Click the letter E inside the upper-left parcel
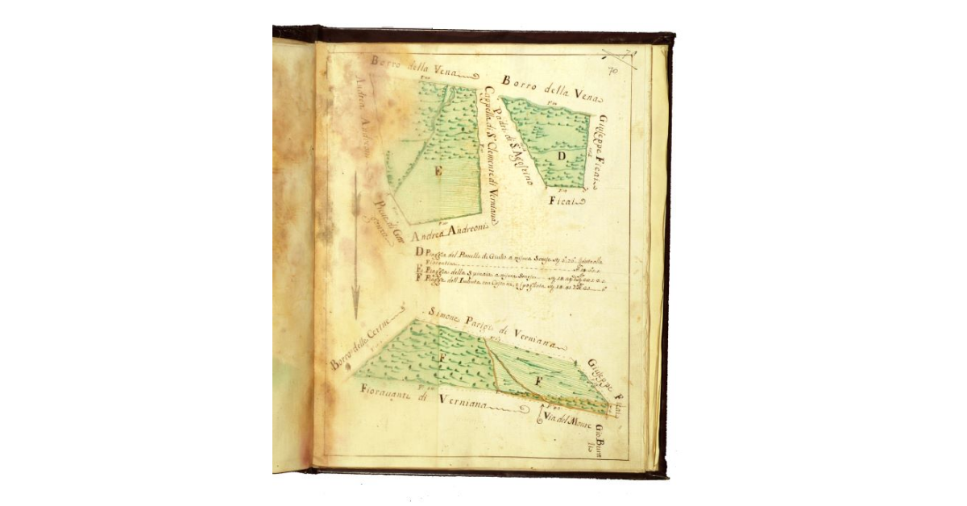438,172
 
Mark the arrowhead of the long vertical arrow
355,310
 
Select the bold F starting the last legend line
418,278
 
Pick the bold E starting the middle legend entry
418,270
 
